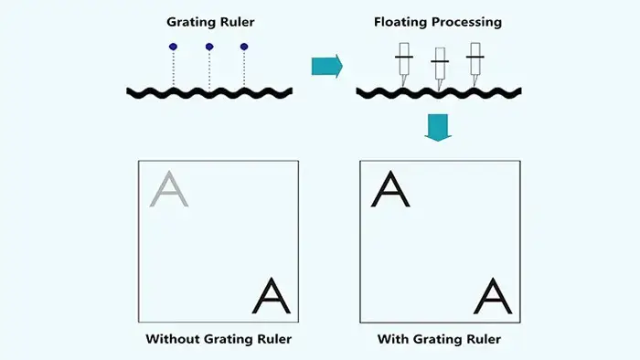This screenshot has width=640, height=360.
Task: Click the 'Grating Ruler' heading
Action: click(x=210, y=22)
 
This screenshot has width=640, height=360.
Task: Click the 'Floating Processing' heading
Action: click(x=438, y=22)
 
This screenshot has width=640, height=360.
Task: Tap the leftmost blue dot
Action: click(x=173, y=47)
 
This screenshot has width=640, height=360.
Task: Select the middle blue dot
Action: click(x=209, y=47)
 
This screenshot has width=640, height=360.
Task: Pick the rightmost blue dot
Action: click(x=244, y=47)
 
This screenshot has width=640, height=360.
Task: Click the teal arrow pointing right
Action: click(x=327, y=66)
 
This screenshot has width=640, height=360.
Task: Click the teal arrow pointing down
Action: click(x=438, y=128)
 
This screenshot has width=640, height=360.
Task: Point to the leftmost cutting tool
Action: click(x=404, y=64)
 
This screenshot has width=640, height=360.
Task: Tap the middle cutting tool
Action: click(x=440, y=69)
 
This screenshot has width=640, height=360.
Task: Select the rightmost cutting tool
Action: click(x=475, y=64)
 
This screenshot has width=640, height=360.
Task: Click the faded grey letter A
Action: click(x=169, y=189)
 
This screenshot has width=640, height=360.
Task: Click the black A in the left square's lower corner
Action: click(x=271, y=296)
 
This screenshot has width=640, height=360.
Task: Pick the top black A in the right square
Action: click(x=390, y=189)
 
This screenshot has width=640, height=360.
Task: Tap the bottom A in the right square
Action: click(x=493, y=296)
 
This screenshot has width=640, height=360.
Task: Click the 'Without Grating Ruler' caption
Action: click(x=219, y=339)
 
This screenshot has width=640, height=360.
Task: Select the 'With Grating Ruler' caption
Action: click(x=439, y=339)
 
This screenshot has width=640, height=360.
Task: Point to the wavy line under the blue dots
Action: click(x=209, y=93)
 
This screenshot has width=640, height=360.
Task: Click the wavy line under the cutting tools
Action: click(x=439, y=93)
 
